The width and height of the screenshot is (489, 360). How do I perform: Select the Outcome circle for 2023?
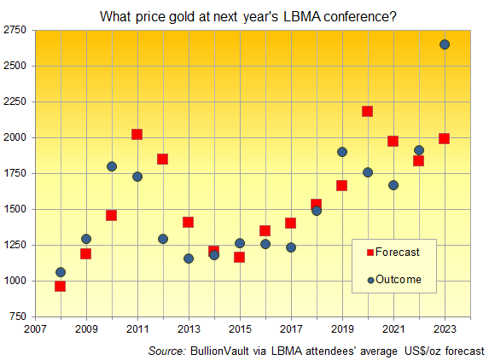pyautogui.click(x=445, y=44)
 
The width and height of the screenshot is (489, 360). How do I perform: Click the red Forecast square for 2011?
pyautogui.click(x=137, y=134)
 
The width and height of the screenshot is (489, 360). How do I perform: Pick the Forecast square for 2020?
pyautogui.click(x=367, y=111)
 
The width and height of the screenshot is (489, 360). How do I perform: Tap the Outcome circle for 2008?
pyautogui.click(x=60, y=272)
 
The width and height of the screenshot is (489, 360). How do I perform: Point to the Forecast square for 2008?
pyautogui.click(x=60, y=286)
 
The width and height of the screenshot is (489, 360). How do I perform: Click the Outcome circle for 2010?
pyautogui.click(x=111, y=166)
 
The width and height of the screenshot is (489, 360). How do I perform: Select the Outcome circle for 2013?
pyautogui.click(x=189, y=258)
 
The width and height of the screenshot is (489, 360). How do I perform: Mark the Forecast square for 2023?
pyautogui.click(x=444, y=138)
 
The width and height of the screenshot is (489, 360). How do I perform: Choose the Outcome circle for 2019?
pyautogui.click(x=341, y=152)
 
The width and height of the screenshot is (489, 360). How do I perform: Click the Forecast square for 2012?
pyautogui.click(x=162, y=159)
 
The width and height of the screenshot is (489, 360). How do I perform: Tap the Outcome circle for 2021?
pyautogui.click(x=393, y=185)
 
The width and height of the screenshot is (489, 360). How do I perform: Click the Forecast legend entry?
pyautogui.click(x=398, y=252)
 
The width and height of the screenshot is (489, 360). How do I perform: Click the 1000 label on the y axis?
pyautogui.click(x=15, y=281)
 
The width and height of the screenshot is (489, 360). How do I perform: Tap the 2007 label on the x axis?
pyautogui.click(x=35, y=328)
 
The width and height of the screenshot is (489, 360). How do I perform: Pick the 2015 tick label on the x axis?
pyautogui.click(x=240, y=328)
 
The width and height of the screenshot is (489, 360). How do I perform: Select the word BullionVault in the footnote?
pyautogui.click(x=225, y=350)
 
